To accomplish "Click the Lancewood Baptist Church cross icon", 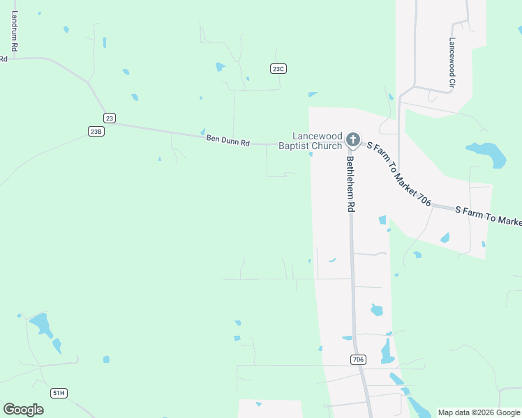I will click(353, 139).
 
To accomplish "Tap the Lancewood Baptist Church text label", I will click(311, 141).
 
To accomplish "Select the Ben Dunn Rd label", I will click(228, 141).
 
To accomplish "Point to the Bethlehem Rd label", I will click(351, 184).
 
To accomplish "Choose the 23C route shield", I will click(278, 68).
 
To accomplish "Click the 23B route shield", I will click(96, 131).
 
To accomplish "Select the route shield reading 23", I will click(109, 118).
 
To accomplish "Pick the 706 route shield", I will click(358, 359).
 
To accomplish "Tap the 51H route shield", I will click(59, 393).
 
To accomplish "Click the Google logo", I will click(23, 409).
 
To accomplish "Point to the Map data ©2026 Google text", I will click(479, 412).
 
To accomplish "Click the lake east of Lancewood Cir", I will click(488, 154).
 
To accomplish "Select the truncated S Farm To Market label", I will click(488, 215).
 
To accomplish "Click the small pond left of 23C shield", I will click(221, 67).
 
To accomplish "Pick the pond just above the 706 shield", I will click(347, 338).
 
